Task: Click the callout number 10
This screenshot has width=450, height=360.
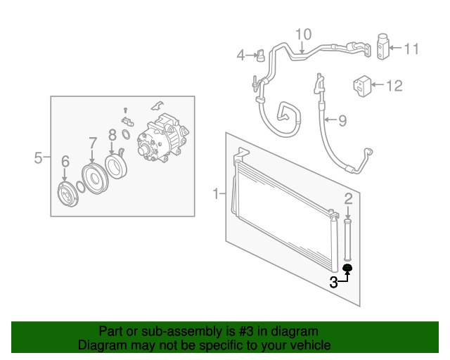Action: coord(303,34)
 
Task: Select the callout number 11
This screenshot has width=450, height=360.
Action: coord(411,49)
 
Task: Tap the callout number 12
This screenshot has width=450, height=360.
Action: coord(394,85)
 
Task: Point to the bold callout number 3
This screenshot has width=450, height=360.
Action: coord(333,283)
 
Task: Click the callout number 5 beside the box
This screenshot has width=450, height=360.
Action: coord(38,157)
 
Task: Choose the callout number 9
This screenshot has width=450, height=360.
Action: coord(342,120)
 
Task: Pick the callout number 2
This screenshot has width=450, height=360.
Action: coord(348,199)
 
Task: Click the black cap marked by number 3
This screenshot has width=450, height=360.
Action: coord(347,268)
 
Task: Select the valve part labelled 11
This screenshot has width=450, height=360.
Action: coord(382,47)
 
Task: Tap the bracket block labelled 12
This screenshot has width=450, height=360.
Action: coord(362,86)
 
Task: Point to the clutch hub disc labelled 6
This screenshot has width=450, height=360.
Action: coord(67,195)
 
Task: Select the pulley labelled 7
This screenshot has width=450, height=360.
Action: coord(95,179)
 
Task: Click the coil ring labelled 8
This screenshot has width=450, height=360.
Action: coord(115,167)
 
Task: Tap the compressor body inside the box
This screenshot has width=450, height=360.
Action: coord(162,139)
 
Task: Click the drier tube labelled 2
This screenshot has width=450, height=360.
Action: coord(347,240)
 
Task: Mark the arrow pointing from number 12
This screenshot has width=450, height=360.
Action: coord(378,84)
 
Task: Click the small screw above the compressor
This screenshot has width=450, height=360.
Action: coord(125,110)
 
